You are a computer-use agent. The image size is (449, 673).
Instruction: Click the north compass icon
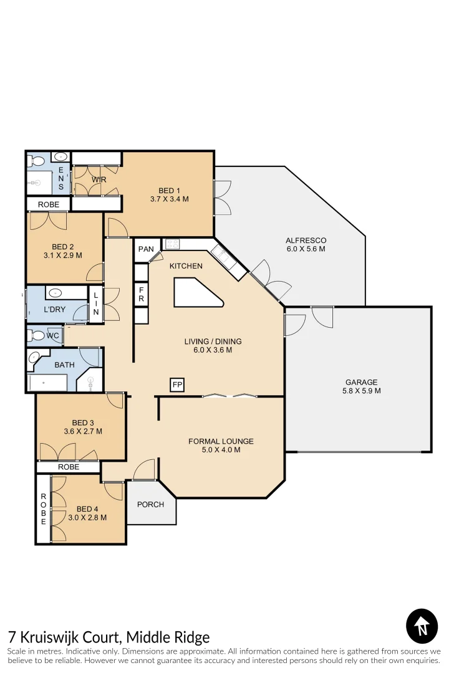422,626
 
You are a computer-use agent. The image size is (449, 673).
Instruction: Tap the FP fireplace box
177,385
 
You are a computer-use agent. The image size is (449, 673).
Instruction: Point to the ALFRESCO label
306,240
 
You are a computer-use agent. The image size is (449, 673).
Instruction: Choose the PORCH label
151,504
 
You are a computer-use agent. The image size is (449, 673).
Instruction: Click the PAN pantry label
146,249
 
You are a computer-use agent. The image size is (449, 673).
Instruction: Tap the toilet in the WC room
37,336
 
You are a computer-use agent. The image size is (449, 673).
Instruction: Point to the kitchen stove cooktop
172,244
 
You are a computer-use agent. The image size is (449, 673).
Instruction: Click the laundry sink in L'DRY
55,292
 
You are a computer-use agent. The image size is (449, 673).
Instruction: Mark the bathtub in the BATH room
47,382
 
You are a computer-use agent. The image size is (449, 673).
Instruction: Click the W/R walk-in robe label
99,180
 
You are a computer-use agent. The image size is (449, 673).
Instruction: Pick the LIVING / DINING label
213,341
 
